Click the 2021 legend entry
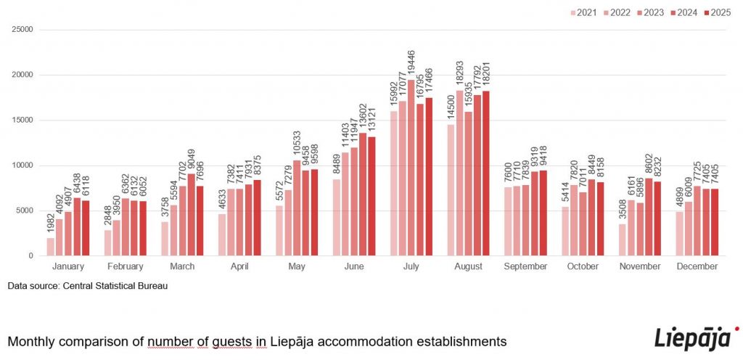click(x=585, y=12)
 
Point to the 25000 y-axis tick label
click(x=23, y=30)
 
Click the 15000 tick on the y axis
click(x=23, y=120)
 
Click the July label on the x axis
click(x=411, y=266)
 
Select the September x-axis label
click(x=525, y=266)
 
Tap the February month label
click(x=125, y=266)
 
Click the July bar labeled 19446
click(x=411, y=168)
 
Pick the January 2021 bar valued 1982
click(x=51, y=247)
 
